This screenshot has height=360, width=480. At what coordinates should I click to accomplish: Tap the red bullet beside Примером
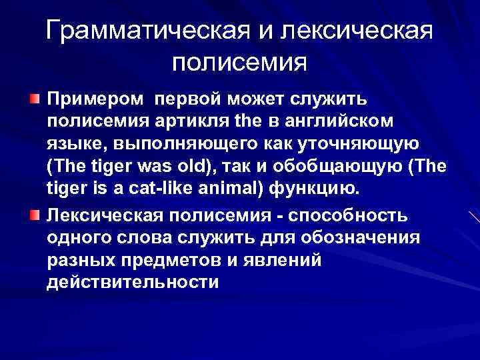pyautogui.click(x=35, y=99)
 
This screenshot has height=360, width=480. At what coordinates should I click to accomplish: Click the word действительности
pyautogui.click(x=133, y=283)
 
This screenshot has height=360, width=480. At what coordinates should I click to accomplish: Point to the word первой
pyautogui.click(x=191, y=99)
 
